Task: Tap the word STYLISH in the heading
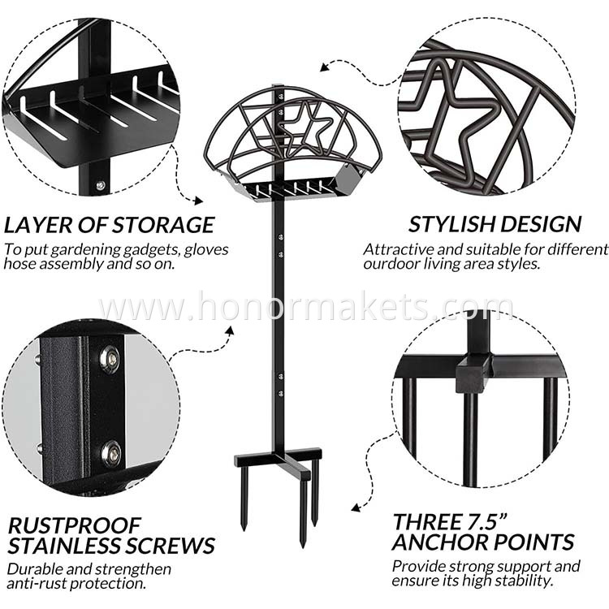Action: point(452,224)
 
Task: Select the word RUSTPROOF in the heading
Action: point(74,525)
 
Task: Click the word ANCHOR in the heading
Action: point(443,542)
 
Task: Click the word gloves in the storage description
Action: point(206,250)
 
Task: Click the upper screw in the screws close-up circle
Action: point(110,358)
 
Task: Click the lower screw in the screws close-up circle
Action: point(111,454)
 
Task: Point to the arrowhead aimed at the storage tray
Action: point(199,201)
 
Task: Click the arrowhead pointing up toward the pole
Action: point(231,330)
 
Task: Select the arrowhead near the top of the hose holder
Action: point(325,67)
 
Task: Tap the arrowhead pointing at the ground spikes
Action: point(355,508)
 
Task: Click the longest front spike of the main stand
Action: point(304,512)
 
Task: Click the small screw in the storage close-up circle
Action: point(101,186)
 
